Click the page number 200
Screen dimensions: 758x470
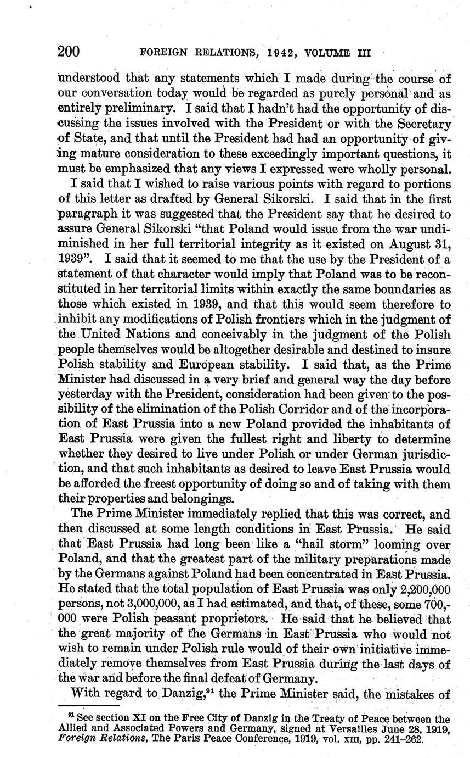69,52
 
